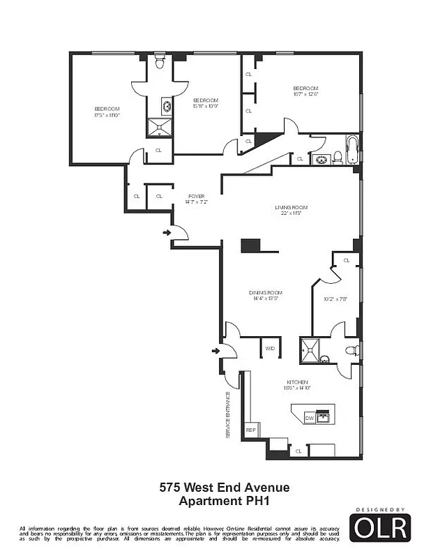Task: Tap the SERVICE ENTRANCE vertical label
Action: (x=227, y=414)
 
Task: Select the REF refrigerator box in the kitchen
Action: (x=250, y=430)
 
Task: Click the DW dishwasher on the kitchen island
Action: (x=309, y=418)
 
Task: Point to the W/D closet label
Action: (x=269, y=347)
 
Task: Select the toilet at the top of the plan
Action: (x=160, y=63)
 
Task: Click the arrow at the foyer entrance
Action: (x=167, y=232)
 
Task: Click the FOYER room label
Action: (x=196, y=196)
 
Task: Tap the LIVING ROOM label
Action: (x=290, y=207)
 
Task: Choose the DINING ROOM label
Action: (x=266, y=292)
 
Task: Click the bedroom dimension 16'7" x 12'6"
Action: (x=305, y=95)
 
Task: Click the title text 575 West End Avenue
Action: (x=224, y=488)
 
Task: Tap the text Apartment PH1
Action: (x=224, y=500)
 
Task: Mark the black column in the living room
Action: (x=250, y=245)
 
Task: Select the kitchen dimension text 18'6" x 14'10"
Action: (x=297, y=389)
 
